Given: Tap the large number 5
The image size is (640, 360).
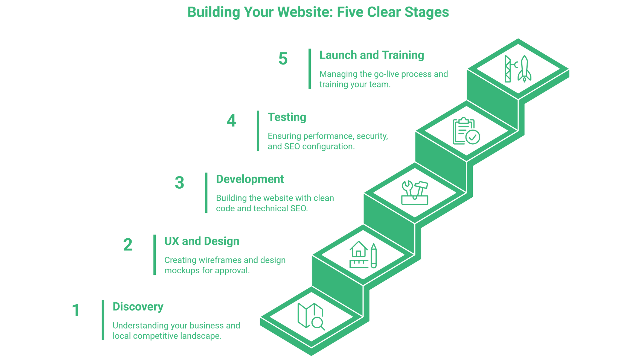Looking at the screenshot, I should [283, 59].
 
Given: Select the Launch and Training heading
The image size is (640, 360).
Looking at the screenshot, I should [371, 55].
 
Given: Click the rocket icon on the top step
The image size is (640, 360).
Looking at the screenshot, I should [518, 69].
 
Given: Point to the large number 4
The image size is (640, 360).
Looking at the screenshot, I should [231, 121].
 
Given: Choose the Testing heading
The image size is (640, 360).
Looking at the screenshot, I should [287, 117].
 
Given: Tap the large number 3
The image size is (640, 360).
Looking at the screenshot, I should [179, 183].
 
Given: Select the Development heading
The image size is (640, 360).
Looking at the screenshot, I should [250, 179].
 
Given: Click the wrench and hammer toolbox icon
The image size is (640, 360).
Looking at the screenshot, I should [415, 193].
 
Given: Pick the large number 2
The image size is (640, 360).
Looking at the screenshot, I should [128, 245].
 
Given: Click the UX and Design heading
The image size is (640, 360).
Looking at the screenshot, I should [202, 241].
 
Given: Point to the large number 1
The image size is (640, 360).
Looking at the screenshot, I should [76, 310].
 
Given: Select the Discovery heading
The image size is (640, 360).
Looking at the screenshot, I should [138, 307].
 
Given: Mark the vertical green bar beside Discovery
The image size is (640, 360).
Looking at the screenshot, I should [103, 320].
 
